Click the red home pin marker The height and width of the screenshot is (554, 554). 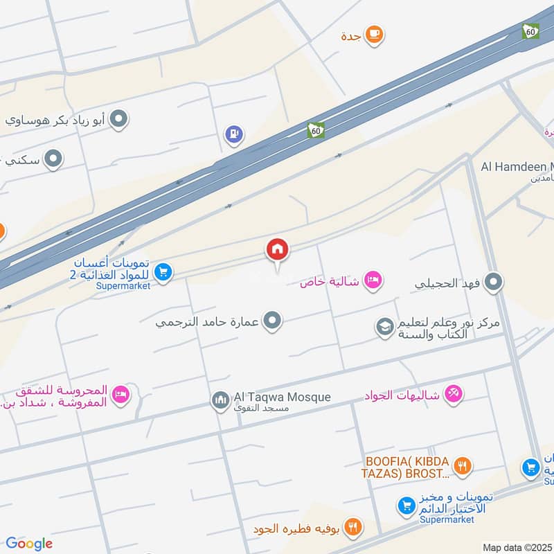click(x=278, y=250)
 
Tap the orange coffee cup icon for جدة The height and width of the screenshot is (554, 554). click(x=374, y=34)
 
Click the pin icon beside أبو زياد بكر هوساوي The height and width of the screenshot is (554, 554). click(x=120, y=119)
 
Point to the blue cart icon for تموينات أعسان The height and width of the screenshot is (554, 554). click(x=163, y=272)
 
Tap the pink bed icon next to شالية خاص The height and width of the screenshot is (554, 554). click(x=373, y=280)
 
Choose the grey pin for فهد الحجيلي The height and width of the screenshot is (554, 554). click(x=493, y=282)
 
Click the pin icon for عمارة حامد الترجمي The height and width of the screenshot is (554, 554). click(x=274, y=321)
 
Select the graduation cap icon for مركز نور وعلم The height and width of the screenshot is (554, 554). click(x=384, y=327)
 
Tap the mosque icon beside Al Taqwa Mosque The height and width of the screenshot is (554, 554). click(x=220, y=400)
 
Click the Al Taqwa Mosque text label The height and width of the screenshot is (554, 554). click(x=283, y=397)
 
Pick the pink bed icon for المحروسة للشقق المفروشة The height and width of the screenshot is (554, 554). click(x=120, y=393)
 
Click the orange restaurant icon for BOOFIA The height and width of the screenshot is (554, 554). click(x=463, y=467)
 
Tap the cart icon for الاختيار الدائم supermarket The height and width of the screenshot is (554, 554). click(x=406, y=507)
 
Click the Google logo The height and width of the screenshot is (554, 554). click(x=29, y=544)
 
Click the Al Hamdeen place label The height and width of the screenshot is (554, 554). click(x=517, y=166)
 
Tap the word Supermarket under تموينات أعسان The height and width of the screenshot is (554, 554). click(x=123, y=286)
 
